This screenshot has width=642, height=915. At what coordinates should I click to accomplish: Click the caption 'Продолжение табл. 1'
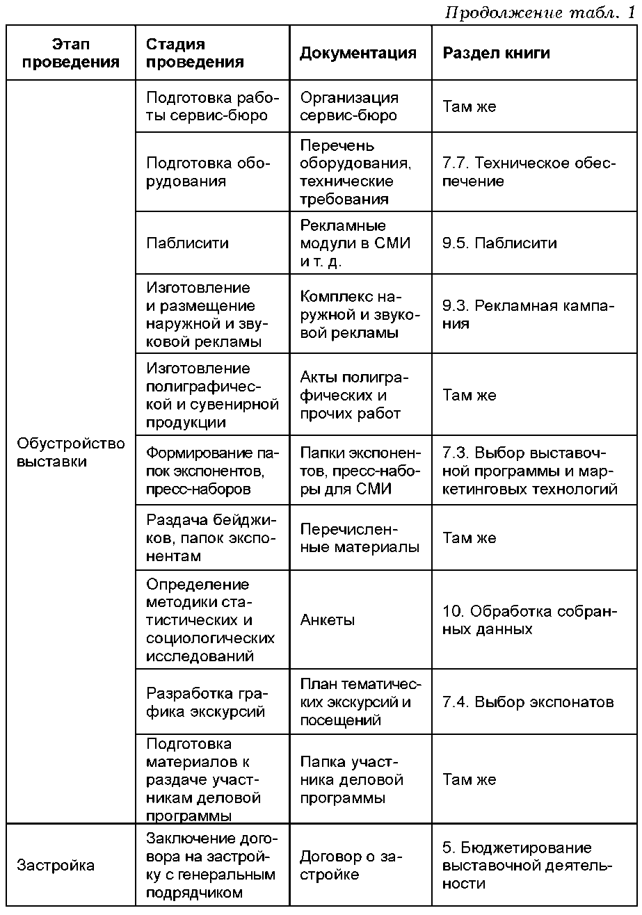click(540, 13)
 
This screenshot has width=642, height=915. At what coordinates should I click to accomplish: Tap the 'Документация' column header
click(358, 53)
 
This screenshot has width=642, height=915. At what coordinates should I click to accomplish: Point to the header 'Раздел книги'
click(496, 53)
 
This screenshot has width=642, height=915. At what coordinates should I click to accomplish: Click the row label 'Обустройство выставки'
click(70, 452)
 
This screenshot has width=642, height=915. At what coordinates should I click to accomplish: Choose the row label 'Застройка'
click(55, 866)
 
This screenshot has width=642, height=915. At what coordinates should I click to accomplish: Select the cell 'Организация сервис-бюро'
click(349, 106)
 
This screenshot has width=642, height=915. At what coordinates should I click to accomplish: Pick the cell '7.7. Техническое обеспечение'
click(529, 172)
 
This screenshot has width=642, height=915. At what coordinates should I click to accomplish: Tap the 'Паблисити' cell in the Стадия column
click(187, 243)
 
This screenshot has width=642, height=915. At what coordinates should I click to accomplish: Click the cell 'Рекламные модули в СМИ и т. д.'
click(355, 243)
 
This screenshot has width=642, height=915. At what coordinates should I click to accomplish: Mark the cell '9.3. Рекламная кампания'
click(529, 314)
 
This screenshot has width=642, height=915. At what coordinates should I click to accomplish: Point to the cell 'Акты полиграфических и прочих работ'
click(355, 395)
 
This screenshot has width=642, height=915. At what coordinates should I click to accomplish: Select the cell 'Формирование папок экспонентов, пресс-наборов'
click(211, 471)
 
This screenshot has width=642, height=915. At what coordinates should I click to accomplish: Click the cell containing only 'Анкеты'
click(327, 620)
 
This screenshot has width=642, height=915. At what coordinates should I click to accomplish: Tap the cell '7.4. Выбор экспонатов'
click(528, 702)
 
